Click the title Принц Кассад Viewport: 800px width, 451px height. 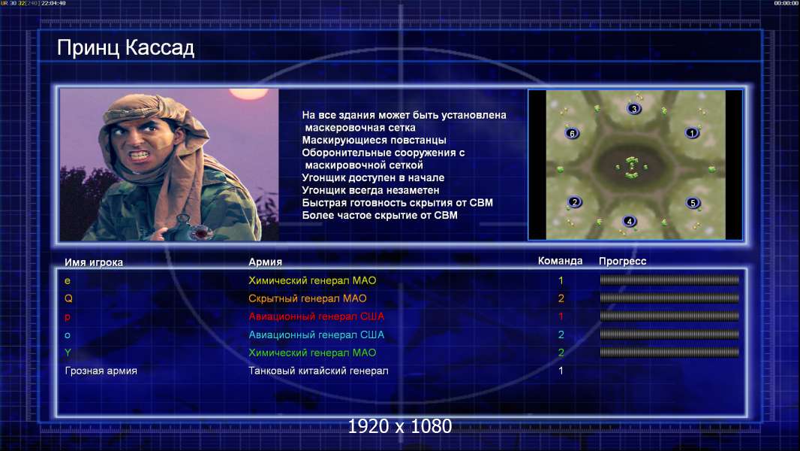(x=125, y=48)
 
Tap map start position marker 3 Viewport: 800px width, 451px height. (x=633, y=109)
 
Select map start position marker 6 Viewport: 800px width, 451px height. (x=572, y=133)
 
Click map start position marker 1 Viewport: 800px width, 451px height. (x=692, y=133)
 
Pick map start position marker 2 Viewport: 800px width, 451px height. (x=575, y=201)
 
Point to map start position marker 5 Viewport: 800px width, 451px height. (x=693, y=203)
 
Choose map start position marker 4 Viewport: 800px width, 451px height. (x=630, y=221)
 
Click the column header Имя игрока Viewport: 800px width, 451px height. (x=93, y=262)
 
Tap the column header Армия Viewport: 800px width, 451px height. (x=266, y=262)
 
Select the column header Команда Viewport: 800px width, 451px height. (x=560, y=261)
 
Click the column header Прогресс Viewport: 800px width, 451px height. (x=622, y=262)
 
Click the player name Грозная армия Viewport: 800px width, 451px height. (x=101, y=371)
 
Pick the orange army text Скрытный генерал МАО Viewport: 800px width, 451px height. (x=308, y=298)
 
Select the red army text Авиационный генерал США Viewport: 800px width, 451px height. (x=317, y=316)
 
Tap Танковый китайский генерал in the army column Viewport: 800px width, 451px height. (x=318, y=371)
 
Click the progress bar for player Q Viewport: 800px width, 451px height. (x=669, y=298)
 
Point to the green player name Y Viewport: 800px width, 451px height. (x=68, y=353)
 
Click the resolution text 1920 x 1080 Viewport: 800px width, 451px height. (x=400, y=426)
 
